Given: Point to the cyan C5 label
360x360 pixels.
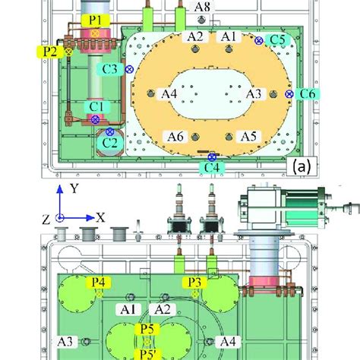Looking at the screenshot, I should pos(278,38).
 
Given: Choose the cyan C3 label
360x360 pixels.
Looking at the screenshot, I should pos(110,69).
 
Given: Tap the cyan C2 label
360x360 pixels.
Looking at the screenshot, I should pos(110,141).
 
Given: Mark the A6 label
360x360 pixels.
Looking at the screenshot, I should pos(175,136).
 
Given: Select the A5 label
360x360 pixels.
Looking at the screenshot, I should pos(248,136).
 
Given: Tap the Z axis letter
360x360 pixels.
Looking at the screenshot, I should pos(46,219).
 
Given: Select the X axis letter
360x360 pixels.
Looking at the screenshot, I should pos(100,217).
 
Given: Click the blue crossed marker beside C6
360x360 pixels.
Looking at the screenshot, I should pos(289,93).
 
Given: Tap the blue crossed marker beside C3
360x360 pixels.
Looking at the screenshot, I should pos(129,69).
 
